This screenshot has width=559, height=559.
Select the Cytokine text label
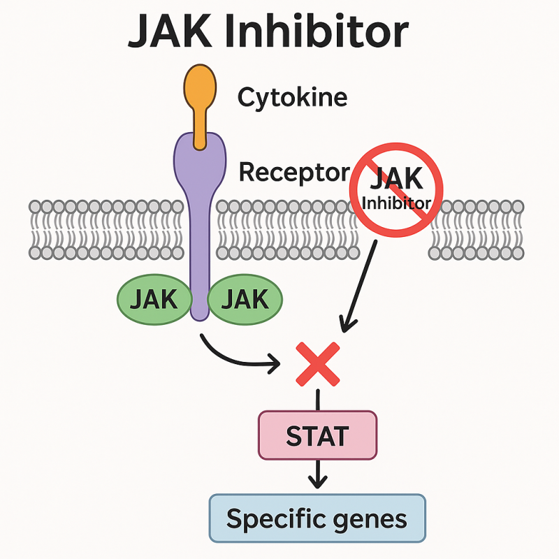(x=292, y=97)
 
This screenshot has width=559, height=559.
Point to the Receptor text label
(x=294, y=171)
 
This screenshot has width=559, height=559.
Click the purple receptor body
(x=200, y=210)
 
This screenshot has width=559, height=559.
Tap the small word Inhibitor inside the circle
(x=396, y=203)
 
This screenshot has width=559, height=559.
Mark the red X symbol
(x=318, y=363)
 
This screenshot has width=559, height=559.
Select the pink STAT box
(x=318, y=435)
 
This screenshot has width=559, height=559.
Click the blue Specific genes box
(x=317, y=518)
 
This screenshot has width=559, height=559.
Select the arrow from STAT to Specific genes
(x=318, y=475)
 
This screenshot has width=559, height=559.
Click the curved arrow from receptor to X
(x=231, y=356)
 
